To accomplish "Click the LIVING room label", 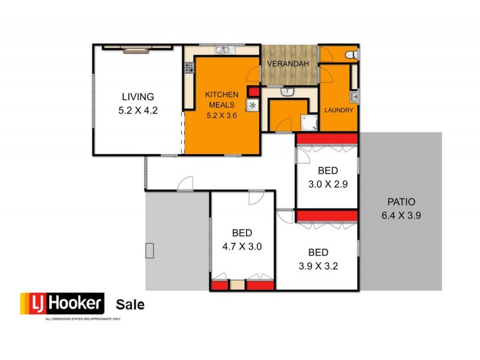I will point(138,97).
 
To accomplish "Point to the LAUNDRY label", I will point(339,111).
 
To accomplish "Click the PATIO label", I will point(401,202).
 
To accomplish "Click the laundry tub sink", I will point(354,97).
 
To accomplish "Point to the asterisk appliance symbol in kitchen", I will point(253,107).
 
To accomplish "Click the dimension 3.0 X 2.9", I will point(328,184).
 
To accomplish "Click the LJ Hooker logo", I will point(62,304).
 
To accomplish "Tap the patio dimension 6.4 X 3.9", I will point(401,215).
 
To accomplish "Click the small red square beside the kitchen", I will point(253,92).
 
